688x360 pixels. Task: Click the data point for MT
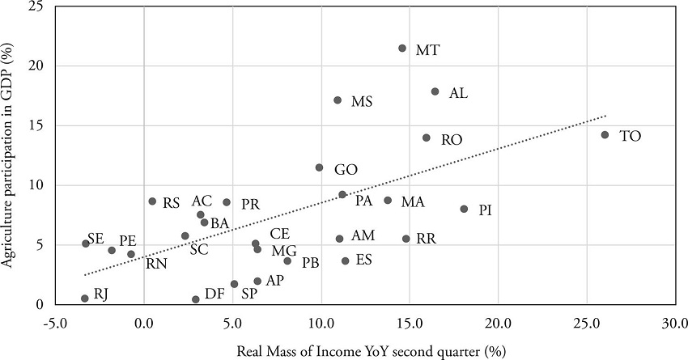[x=402, y=49]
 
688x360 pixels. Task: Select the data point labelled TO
[x=605, y=135]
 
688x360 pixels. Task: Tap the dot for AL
[x=435, y=92]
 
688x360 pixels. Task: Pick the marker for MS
[x=338, y=100]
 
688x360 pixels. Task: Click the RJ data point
[x=84, y=299]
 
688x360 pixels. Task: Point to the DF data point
[x=196, y=299]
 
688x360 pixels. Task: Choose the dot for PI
[x=464, y=209]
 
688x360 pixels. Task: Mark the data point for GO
[x=319, y=167]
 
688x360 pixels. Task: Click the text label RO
[x=452, y=140]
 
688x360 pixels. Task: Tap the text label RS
[x=171, y=203]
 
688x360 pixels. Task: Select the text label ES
[x=363, y=260]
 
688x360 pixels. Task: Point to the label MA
[x=413, y=201]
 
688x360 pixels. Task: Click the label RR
[x=426, y=239]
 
